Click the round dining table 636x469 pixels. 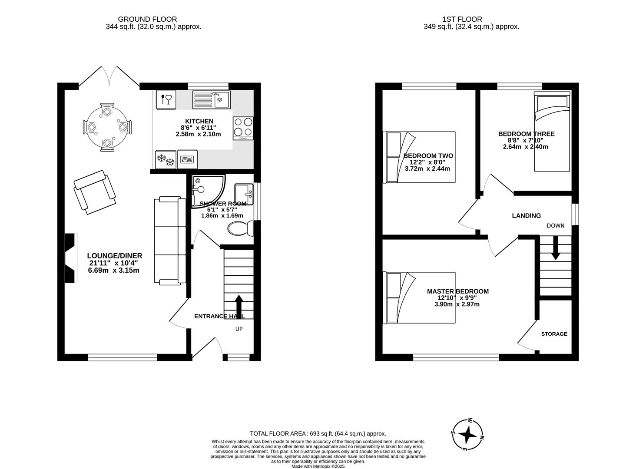point(107,127)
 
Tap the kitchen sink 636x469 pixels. point(211,100)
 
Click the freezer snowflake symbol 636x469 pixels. point(166,159)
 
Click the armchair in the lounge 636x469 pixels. point(95,192)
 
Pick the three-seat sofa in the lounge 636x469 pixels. point(170,241)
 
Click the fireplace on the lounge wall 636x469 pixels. point(70,258)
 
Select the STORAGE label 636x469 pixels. point(554,334)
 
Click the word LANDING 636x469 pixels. point(526,216)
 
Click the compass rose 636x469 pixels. point(467,435)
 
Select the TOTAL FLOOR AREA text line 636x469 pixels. point(318,433)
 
